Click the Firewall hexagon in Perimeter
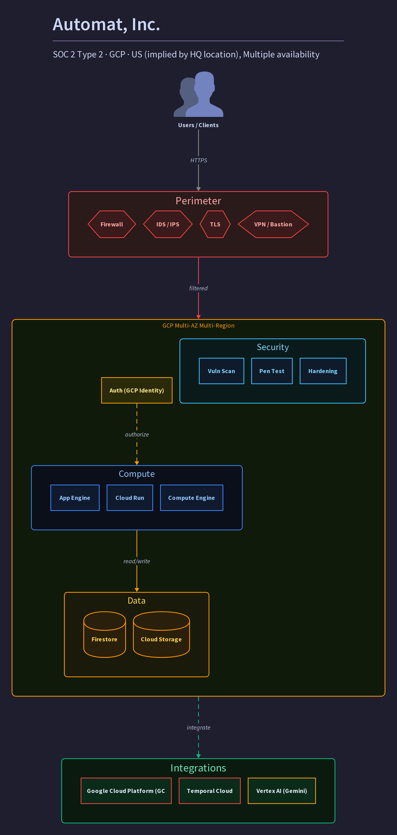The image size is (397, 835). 112,224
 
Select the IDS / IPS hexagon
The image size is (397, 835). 168,224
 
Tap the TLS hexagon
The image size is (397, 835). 215,224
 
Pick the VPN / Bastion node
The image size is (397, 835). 273,224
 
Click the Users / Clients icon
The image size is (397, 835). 198,94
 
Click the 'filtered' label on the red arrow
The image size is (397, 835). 198,288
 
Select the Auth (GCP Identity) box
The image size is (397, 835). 137,390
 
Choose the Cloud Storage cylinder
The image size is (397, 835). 161,634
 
